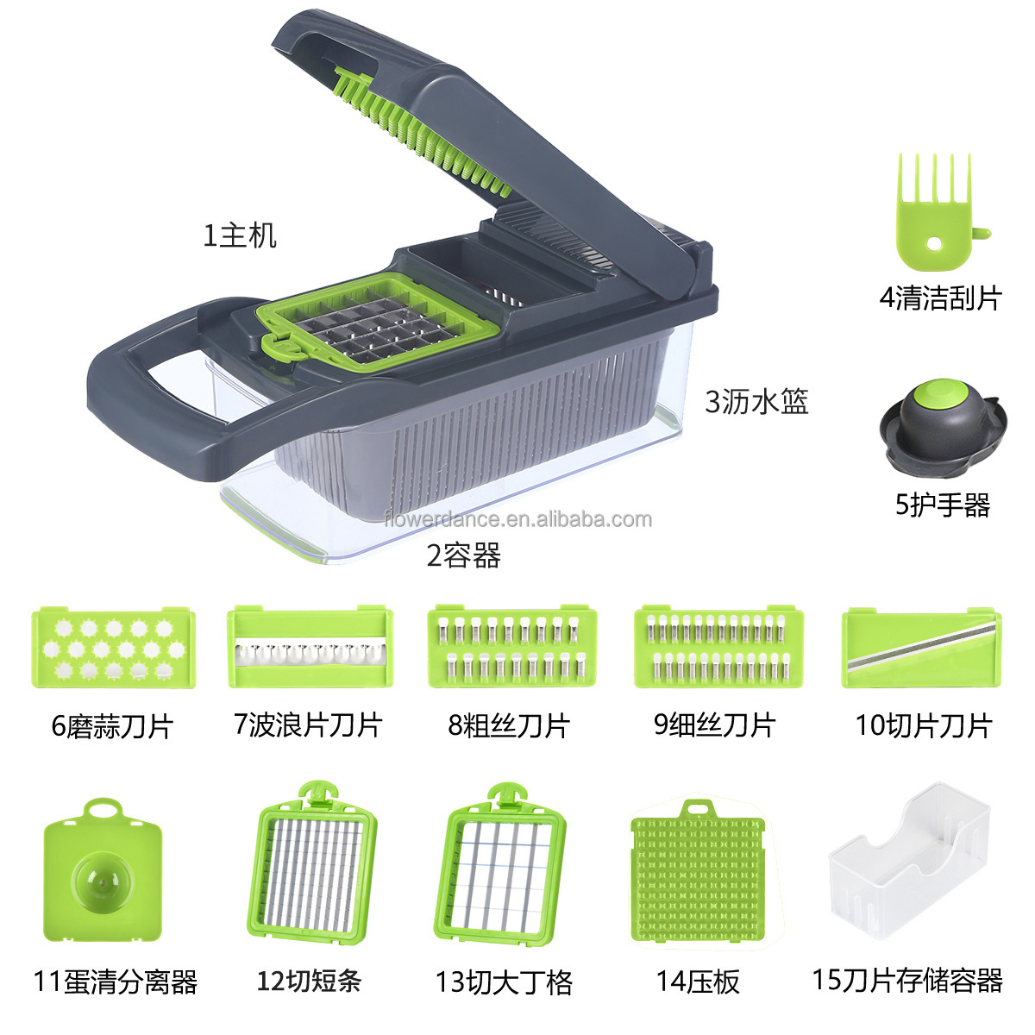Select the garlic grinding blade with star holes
tap(113, 647)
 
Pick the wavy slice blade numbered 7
tap(310, 648)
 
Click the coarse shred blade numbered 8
tap(512, 646)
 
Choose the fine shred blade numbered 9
tap(718, 646)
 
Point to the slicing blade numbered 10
tap(921, 648)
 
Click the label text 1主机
tap(240, 235)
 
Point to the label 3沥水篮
tap(756, 401)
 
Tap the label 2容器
tap(463, 555)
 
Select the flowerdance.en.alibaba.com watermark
tap(517, 519)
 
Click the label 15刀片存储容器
tap(907, 980)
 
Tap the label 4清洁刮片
tap(939, 298)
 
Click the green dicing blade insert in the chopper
tap(379, 319)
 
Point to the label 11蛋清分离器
tap(116, 982)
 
